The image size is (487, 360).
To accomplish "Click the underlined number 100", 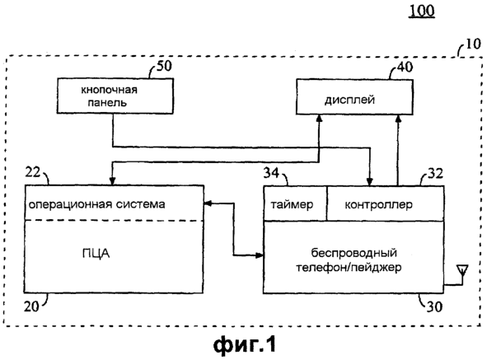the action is (421, 12).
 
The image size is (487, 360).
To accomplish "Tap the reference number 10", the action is (473, 44).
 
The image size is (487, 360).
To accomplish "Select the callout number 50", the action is (164, 66).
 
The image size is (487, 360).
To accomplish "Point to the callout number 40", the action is (405, 67).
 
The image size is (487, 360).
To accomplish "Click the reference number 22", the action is (33, 172).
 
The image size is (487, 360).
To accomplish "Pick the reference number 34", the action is (271, 173).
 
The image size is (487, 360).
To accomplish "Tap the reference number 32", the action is (435, 173).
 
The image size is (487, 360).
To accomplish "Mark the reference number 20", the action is (31, 306).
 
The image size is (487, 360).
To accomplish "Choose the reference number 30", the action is (434, 307).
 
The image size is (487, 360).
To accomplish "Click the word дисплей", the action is (349, 100).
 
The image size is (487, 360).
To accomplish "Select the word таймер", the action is (292, 204).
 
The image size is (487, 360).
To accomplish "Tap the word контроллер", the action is (378, 204).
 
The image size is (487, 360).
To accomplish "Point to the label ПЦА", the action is (96, 254).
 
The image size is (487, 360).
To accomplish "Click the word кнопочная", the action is (109, 90).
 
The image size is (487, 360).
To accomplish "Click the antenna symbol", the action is (462, 270).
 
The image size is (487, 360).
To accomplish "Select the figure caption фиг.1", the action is (245, 344).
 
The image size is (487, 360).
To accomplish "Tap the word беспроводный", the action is (354, 253).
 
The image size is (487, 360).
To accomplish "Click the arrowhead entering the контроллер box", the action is (369, 182).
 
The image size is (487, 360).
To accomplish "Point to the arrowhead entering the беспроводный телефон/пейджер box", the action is (260, 255).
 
